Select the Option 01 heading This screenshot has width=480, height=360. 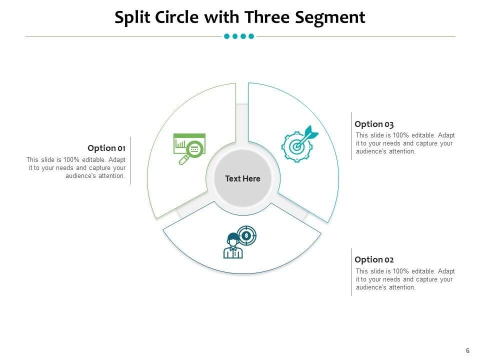[106, 148]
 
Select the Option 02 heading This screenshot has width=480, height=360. [374, 259]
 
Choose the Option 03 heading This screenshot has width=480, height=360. [374, 124]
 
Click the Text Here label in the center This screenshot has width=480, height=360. [242, 178]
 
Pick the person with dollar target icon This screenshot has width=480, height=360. [239, 242]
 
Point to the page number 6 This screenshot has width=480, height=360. [467, 350]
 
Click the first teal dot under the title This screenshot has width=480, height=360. [227, 36]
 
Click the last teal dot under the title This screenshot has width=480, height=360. [251, 36]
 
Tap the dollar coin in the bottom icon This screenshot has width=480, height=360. [246, 235]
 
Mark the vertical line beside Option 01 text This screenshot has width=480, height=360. [131, 160]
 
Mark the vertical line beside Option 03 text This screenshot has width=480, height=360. [351, 136]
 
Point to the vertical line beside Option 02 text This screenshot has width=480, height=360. [351, 272]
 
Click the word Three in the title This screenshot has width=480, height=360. [269, 17]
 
